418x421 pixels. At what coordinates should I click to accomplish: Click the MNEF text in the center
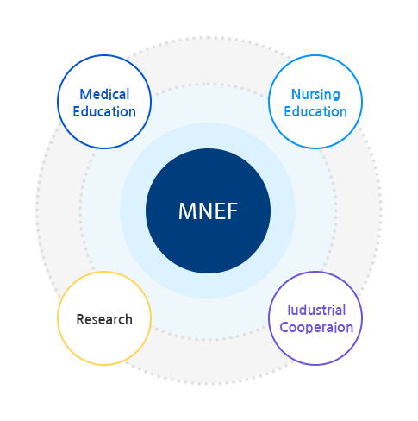[x=208, y=211]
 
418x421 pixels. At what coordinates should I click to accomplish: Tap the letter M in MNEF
[x=188, y=211]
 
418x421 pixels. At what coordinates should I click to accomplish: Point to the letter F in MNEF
[x=230, y=211]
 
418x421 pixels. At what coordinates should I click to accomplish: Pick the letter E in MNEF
[x=218, y=211]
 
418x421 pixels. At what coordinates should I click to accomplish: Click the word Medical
[x=104, y=94]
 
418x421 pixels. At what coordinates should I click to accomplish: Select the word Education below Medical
[x=104, y=111]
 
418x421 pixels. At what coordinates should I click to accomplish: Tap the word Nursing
[x=315, y=94]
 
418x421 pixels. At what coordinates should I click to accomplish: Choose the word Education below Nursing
[x=315, y=111]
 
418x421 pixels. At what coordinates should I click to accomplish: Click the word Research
[x=104, y=319]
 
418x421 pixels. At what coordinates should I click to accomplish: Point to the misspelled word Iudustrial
[x=316, y=310]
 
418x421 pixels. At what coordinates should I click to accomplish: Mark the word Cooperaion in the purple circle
[x=316, y=328]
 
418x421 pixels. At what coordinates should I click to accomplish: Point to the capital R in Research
[x=80, y=319]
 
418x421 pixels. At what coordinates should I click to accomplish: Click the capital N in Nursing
[x=296, y=94]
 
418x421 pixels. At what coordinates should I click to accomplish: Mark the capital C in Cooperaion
[x=285, y=328]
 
